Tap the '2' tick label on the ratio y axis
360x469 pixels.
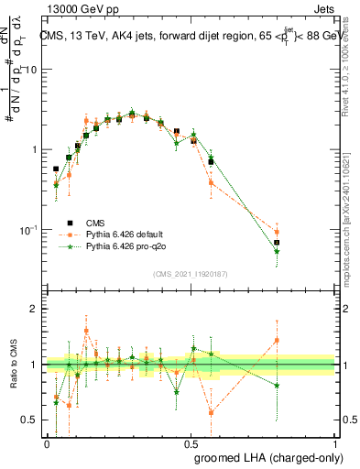(35, 309)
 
